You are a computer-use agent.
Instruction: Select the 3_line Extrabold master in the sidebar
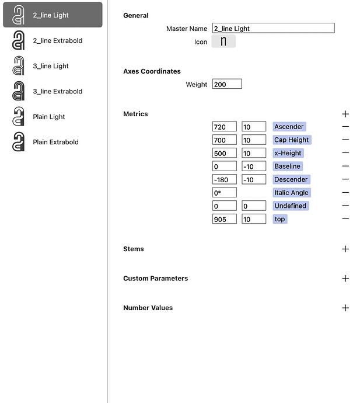[57, 91]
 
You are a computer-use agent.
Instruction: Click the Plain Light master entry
[49, 117]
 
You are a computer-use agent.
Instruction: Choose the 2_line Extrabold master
[57, 41]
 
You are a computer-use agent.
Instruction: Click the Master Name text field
[273, 28]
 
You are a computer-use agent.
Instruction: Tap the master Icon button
[223, 41]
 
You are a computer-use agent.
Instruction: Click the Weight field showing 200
[227, 84]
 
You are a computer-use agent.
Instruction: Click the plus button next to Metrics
[345, 114]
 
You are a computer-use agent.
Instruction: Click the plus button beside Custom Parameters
[345, 279]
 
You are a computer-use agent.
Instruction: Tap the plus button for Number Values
[345, 308]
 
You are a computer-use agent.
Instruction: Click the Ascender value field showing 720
[225, 127]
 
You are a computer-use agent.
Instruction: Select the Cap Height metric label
[291, 140]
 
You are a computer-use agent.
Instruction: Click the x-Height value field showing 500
[225, 153]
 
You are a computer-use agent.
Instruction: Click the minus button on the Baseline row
[345, 166]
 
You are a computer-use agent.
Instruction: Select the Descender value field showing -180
[225, 179]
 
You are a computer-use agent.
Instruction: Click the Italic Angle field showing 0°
[225, 193]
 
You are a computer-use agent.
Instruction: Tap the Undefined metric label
[290, 206]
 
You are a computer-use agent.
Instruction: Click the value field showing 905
[225, 219]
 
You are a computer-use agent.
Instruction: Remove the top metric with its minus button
[345, 219]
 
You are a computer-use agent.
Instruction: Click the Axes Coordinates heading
[152, 71]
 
